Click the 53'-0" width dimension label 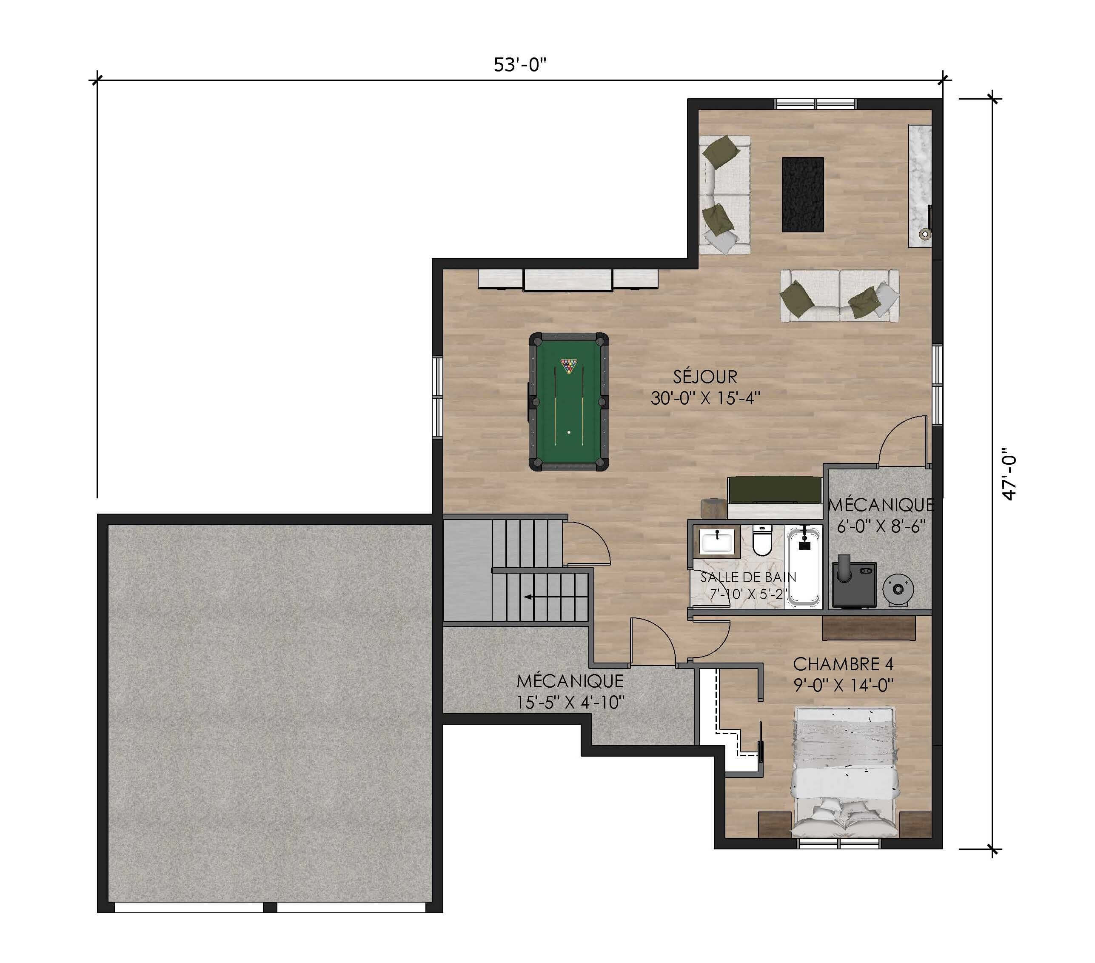click(x=520, y=65)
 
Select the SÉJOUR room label click(x=705, y=377)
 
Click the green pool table click(x=568, y=402)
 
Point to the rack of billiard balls click(x=568, y=366)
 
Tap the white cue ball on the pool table click(x=569, y=432)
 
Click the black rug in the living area click(x=802, y=194)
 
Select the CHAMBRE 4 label click(x=843, y=665)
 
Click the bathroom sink click(x=717, y=541)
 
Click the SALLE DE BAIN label click(x=748, y=577)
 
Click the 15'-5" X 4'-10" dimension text click(x=570, y=702)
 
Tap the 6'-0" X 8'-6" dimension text click(x=881, y=526)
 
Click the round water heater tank click(x=898, y=589)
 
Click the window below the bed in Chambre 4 click(x=839, y=843)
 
